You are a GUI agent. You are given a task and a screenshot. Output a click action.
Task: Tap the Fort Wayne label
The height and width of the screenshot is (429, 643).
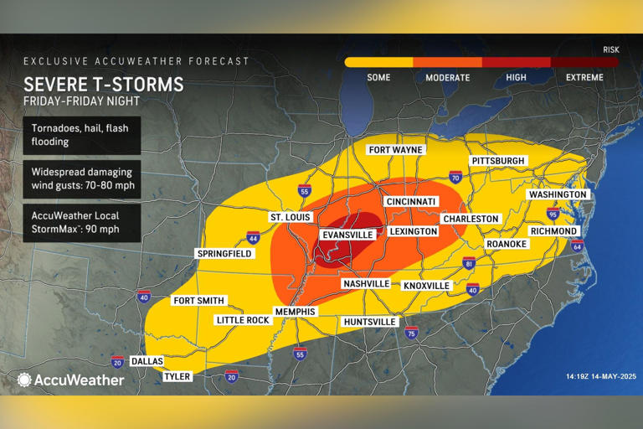point(395,150)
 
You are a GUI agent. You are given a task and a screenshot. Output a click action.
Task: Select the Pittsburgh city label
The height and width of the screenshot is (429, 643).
point(497,160)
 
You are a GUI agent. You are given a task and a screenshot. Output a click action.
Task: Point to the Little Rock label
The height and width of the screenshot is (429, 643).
point(242,320)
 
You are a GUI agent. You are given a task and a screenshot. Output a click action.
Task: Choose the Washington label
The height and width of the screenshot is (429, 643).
point(558,194)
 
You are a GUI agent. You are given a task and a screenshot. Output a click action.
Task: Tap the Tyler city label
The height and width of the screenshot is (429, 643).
point(177,376)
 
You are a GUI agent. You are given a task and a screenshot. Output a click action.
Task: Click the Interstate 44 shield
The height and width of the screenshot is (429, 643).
point(253,238)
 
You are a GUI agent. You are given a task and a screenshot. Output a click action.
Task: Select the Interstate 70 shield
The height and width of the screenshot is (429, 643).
point(455,178)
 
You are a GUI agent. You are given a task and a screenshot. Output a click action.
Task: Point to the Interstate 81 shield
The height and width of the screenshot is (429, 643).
point(469,264)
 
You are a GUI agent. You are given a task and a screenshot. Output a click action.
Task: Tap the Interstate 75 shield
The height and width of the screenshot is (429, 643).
point(411,333)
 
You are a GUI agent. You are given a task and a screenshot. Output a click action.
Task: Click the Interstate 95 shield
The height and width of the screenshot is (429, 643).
point(553,214)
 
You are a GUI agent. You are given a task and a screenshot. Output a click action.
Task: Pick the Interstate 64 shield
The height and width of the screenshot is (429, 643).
point(576,246)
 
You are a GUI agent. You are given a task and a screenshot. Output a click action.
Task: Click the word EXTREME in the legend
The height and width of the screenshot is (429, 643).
point(584,77)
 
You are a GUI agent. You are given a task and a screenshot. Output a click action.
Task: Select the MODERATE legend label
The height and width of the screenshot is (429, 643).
point(447,77)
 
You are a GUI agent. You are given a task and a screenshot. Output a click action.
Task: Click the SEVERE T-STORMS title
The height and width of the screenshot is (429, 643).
point(104,85)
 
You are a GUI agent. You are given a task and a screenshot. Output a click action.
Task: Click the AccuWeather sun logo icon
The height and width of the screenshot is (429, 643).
point(24,380)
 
